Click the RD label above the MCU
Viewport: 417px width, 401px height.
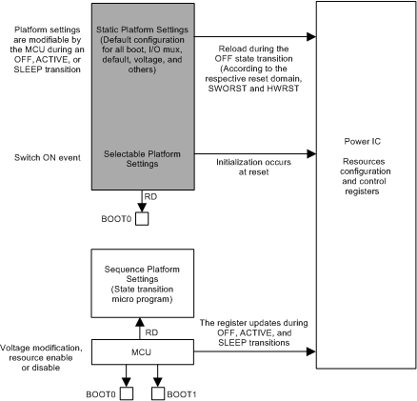pos(150,331)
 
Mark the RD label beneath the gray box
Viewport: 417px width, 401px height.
pos(150,197)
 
